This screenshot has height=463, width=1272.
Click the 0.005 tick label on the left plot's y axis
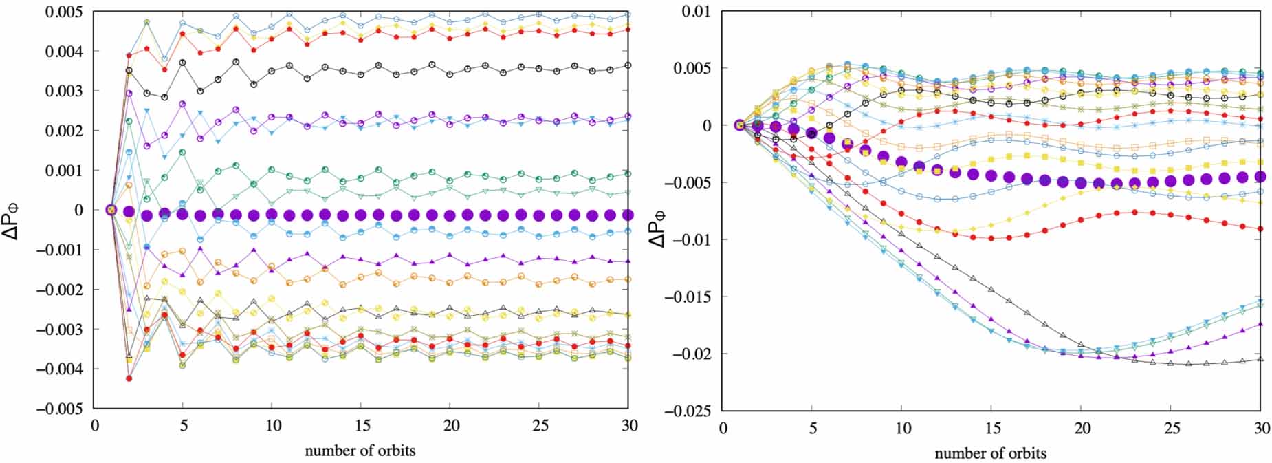pyautogui.click(x=64, y=12)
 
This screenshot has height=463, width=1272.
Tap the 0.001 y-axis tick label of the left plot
pyautogui.click(x=64, y=171)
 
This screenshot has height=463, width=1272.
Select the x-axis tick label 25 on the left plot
pyautogui.click(x=540, y=426)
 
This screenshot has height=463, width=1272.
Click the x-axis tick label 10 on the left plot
pyautogui.click(x=273, y=426)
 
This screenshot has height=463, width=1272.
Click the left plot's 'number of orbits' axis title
pyautogui.click(x=360, y=451)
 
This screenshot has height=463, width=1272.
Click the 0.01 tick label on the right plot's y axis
pyautogui.click(x=697, y=12)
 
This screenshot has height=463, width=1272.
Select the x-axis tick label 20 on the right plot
pyautogui.click(x=1082, y=428)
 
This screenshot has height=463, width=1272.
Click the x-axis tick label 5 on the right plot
pyautogui.click(x=812, y=428)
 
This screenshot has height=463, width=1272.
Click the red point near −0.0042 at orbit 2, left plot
pyautogui.click(x=129, y=378)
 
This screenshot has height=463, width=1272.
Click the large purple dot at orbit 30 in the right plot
pyautogui.click(x=1260, y=177)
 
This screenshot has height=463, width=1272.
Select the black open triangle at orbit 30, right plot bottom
pyautogui.click(x=1260, y=359)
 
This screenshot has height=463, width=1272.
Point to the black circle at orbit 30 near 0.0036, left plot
pyautogui.click(x=627, y=65)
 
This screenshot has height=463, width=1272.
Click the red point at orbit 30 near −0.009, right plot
pyautogui.click(x=1260, y=229)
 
